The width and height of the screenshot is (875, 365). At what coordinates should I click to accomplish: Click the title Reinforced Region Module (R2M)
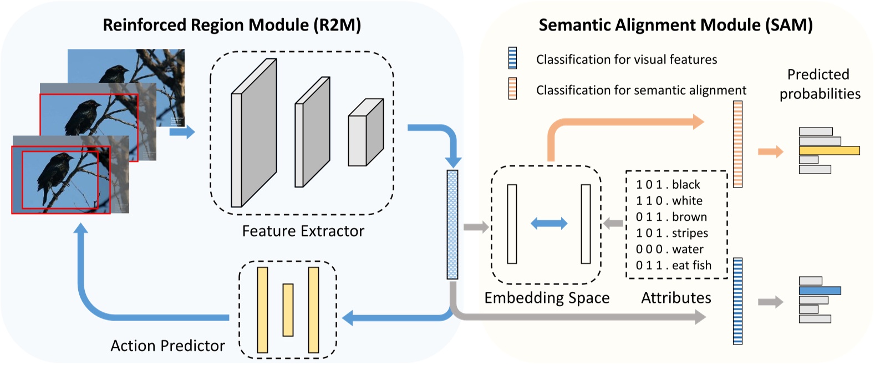(232, 25)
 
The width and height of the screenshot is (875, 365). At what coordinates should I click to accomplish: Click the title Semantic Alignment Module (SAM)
(675, 25)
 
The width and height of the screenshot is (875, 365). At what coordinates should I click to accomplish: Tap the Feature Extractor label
(303, 231)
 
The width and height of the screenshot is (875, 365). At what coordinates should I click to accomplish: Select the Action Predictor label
(167, 346)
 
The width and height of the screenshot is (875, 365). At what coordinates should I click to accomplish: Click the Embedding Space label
(547, 298)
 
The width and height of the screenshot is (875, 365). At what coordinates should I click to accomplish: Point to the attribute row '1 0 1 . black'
(668, 185)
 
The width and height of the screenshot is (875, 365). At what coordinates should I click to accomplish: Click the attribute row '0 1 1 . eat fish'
(673, 265)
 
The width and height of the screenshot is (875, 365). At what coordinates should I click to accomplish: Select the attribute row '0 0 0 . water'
(669, 249)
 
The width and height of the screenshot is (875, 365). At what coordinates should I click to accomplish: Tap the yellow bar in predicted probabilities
(829, 150)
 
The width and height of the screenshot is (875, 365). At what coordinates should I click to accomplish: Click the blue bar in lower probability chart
(820, 291)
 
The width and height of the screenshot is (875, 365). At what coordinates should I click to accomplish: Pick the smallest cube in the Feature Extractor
(365, 133)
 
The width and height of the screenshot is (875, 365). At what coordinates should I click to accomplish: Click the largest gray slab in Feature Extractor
(253, 133)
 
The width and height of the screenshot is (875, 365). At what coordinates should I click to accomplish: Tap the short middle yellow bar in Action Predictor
(288, 310)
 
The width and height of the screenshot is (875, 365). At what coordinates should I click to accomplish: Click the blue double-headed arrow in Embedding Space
(549, 224)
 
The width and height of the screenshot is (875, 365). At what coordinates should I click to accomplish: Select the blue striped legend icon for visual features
(512, 58)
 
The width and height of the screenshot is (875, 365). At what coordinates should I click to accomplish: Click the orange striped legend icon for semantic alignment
(512, 89)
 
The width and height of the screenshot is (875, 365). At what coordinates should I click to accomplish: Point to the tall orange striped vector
(737, 144)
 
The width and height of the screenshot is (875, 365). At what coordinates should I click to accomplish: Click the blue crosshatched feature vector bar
(452, 224)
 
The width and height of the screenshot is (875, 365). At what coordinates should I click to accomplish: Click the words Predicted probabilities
(819, 84)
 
